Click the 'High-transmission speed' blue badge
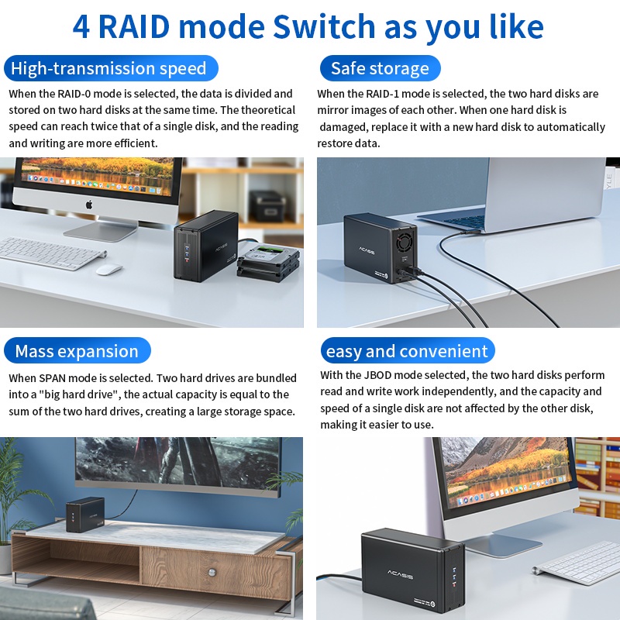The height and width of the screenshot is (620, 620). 111,68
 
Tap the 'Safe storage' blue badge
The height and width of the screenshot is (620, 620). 380,68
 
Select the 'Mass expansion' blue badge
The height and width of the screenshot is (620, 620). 77,351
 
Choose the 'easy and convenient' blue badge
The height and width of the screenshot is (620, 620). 408,351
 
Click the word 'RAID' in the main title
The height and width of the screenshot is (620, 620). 134,26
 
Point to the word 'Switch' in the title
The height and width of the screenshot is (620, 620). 324,26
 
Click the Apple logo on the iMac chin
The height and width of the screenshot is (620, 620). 89,205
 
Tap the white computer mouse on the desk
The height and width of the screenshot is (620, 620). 109,269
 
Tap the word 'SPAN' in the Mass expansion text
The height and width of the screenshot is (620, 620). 52,378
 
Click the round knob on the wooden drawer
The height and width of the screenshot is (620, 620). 212,572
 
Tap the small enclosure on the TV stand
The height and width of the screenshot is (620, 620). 85,514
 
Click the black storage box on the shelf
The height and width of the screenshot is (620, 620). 267,205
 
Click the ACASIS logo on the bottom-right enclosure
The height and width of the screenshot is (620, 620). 400,574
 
